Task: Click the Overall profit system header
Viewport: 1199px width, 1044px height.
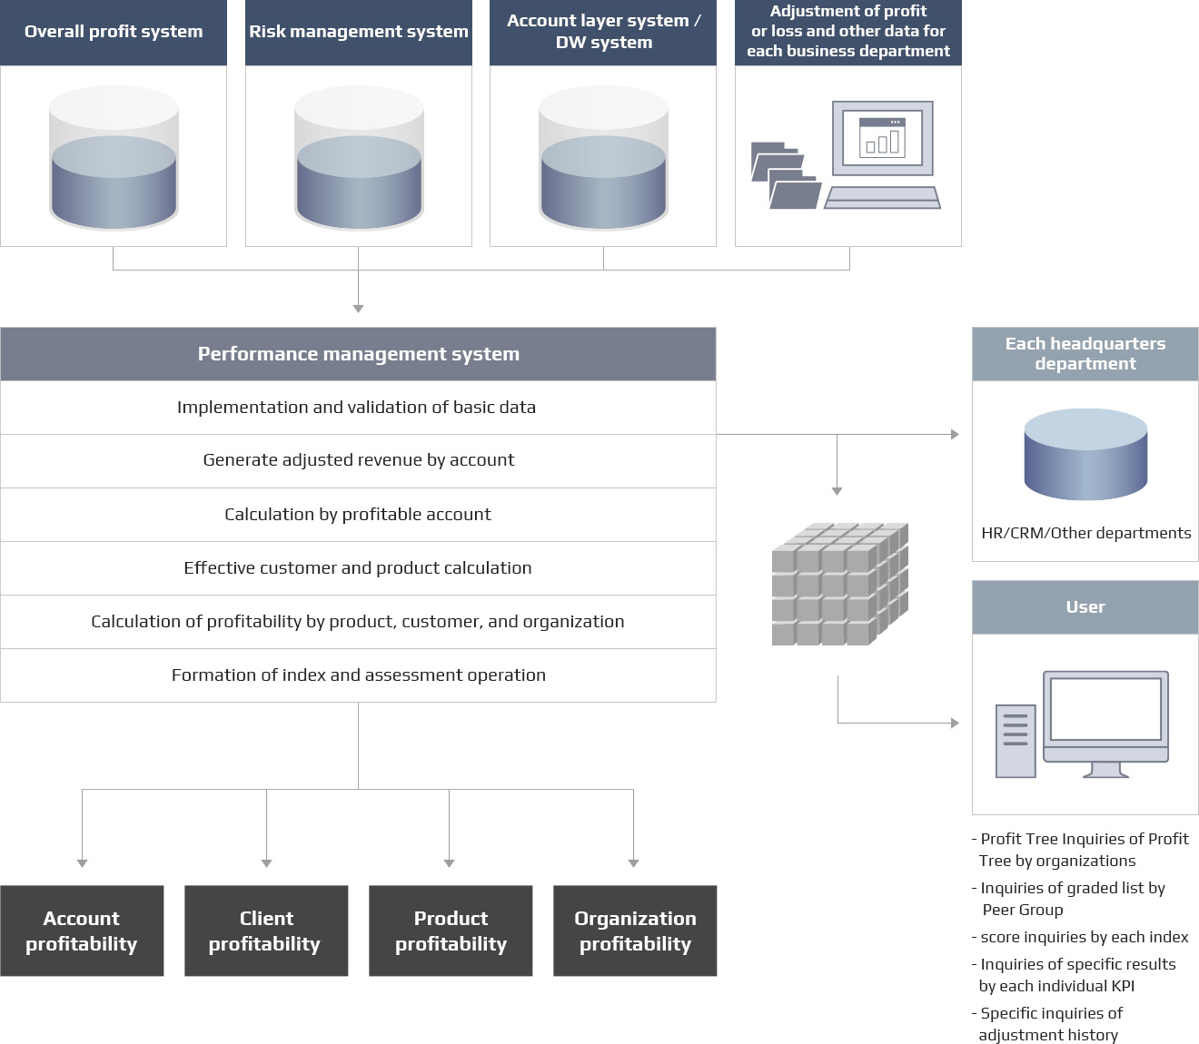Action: tap(114, 32)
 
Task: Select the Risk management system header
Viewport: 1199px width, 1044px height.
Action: tap(359, 32)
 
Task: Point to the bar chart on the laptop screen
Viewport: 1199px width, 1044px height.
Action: tap(882, 140)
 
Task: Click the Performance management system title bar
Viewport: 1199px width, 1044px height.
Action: tap(358, 354)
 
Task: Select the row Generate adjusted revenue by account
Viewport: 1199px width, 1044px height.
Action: tap(358, 460)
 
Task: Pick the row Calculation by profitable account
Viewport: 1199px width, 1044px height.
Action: tap(358, 515)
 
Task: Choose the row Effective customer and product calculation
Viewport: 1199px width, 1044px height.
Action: tap(358, 568)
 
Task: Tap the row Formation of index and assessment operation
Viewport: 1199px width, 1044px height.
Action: tap(358, 675)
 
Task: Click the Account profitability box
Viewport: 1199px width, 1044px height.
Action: tap(82, 931)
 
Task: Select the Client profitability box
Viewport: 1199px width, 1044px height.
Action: tap(266, 931)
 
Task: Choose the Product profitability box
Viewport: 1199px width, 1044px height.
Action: tap(451, 931)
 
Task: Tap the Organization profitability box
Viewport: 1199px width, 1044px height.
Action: tap(635, 931)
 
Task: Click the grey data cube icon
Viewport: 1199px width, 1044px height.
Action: tap(839, 585)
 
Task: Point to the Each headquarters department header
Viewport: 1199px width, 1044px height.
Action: tap(1085, 354)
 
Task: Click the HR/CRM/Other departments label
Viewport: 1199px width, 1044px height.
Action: tap(1085, 534)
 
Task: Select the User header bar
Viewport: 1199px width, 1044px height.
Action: tap(1085, 607)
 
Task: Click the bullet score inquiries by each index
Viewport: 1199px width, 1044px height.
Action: tap(1084, 937)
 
